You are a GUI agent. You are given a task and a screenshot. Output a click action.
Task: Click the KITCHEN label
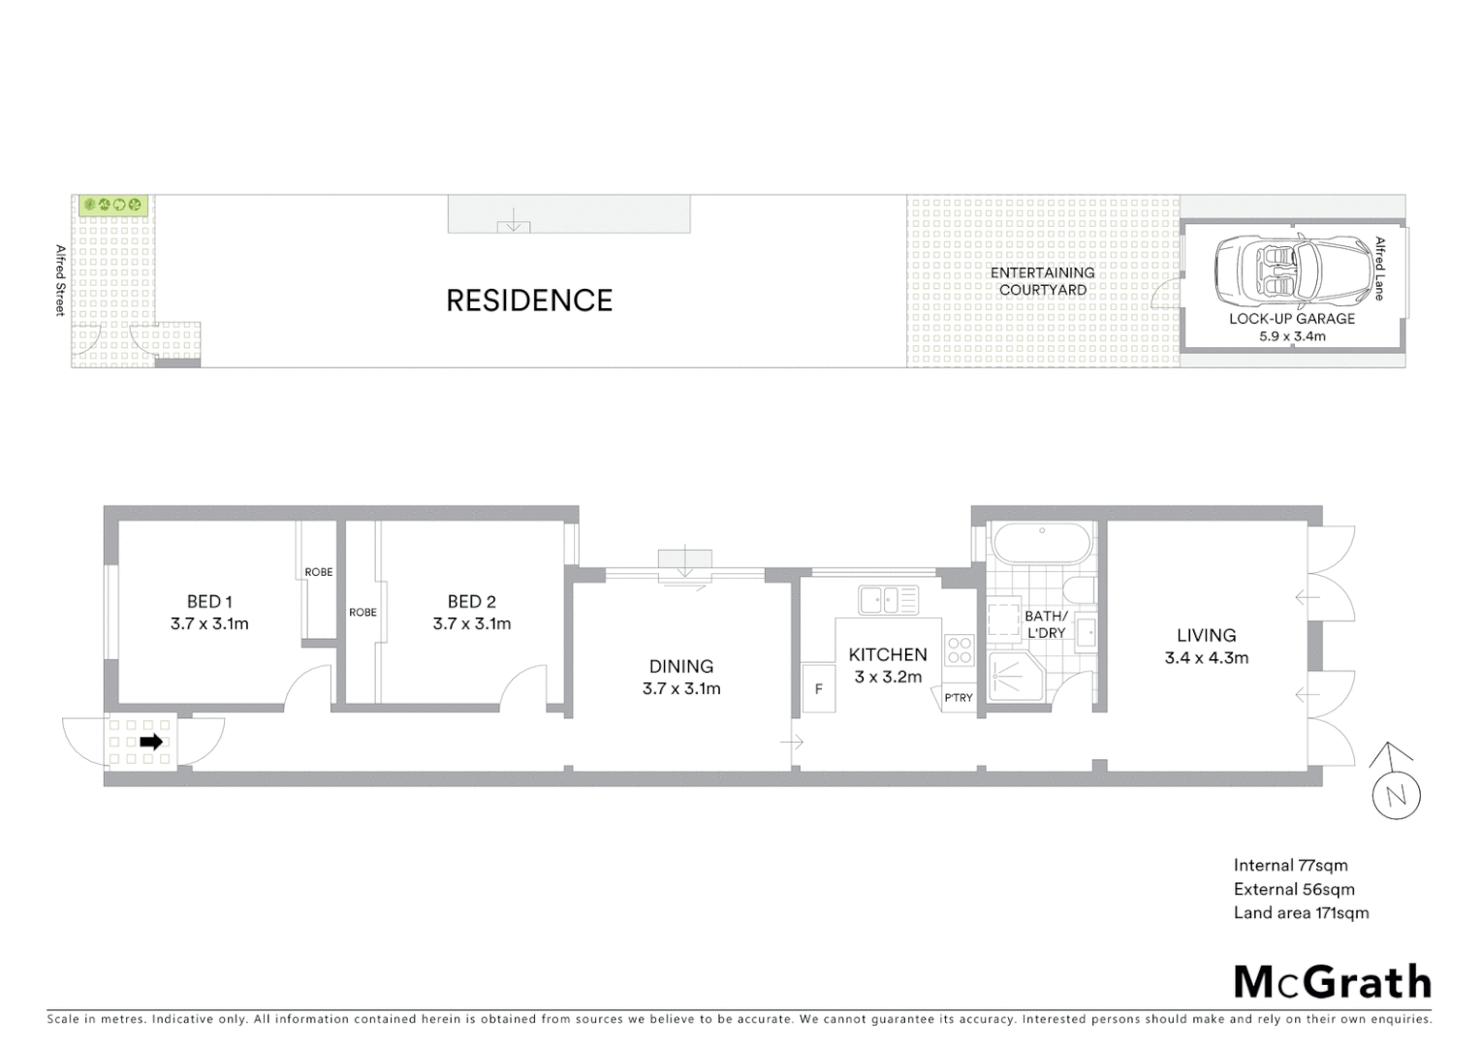[888, 655]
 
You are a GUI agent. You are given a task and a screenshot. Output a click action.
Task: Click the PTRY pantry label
[958, 698]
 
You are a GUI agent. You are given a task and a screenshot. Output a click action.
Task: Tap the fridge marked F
[819, 689]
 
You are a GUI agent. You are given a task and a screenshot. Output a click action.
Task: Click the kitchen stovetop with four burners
[960, 650]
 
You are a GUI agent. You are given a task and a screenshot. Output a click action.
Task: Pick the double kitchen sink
[888, 600]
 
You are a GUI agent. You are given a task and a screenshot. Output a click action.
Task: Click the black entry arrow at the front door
[151, 743]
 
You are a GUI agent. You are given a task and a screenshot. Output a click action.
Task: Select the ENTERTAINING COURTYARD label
[1043, 281]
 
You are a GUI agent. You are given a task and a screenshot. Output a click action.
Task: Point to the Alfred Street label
[60, 280]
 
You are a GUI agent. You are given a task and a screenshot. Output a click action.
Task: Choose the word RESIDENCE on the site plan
[529, 301]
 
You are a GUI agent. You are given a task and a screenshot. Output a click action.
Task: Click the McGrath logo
[1332, 982]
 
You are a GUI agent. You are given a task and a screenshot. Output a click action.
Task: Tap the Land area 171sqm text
[1301, 912]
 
